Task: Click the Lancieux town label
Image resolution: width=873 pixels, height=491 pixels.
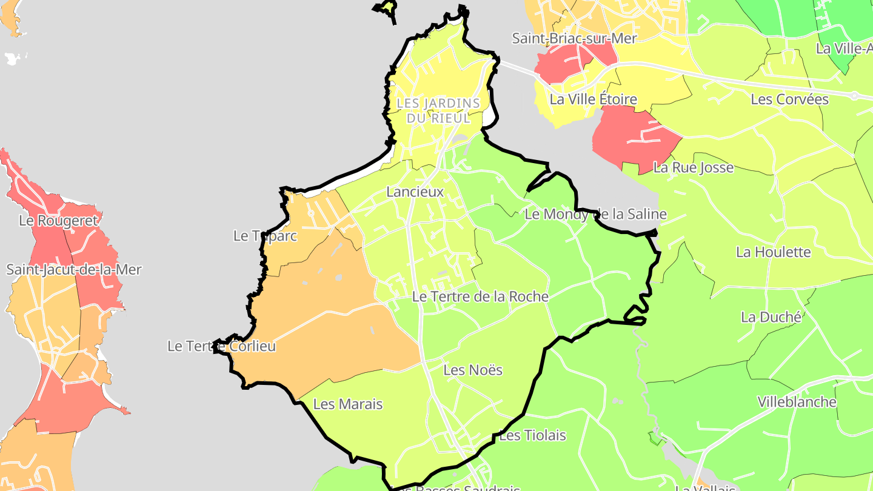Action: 415,192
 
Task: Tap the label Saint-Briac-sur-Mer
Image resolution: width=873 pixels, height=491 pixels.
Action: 574,38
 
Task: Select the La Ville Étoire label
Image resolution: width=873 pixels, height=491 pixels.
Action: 593,99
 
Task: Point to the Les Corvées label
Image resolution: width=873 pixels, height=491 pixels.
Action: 789,99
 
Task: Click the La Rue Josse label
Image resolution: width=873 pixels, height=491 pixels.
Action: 693,167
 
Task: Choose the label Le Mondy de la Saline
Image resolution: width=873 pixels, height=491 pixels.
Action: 595,214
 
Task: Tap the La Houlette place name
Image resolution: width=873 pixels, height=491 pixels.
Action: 773,252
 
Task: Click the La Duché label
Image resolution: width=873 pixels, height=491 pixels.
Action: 771,317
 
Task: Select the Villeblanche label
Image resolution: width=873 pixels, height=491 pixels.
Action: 797,402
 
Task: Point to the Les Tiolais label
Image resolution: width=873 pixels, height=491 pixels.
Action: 532,435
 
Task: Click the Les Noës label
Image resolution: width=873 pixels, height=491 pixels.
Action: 473,370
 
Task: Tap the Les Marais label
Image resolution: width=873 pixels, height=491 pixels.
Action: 348,404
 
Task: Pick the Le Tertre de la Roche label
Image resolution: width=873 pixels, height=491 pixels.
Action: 480,297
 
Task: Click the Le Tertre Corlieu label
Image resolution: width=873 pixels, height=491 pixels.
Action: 221,346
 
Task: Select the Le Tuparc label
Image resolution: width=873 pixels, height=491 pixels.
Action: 265,236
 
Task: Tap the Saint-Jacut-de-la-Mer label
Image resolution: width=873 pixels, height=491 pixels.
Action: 73,269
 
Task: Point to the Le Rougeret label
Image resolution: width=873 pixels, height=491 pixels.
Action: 58,221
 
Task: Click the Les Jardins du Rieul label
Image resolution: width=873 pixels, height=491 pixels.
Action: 438,111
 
